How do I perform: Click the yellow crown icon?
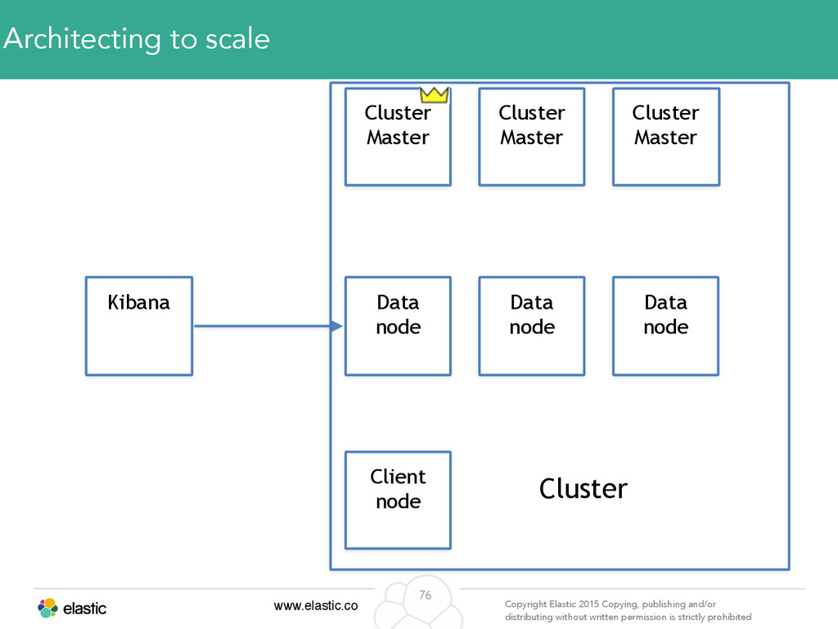click(434, 95)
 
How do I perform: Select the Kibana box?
click(139, 326)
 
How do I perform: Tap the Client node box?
click(399, 500)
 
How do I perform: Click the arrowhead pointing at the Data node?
click(336, 326)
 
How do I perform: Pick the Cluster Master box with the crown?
click(399, 137)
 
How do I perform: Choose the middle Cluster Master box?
click(532, 137)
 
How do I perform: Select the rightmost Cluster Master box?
click(666, 137)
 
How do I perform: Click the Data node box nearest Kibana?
click(399, 326)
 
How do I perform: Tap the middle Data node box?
click(532, 326)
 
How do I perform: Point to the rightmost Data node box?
click(666, 326)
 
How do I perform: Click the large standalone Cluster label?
click(583, 488)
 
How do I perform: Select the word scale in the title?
click(237, 39)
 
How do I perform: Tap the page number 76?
click(425, 595)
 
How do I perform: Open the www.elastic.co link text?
click(316, 605)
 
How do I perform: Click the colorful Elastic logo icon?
click(47, 609)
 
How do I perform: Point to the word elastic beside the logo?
click(84, 609)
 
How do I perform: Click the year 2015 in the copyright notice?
click(588, 604)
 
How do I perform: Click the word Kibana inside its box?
click(139, 302)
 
